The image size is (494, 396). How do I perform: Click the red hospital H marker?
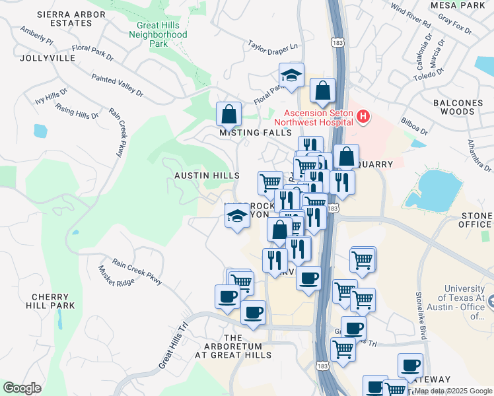(363, 117)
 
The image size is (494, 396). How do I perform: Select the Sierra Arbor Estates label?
(63, 18)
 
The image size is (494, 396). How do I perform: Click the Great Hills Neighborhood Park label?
(158, 35)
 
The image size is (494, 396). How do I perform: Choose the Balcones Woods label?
(454, 108)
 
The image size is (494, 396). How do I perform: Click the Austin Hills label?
(207, 176)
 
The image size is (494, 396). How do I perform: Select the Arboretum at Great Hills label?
(233, 346)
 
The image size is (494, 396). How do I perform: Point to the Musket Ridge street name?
(116, 278)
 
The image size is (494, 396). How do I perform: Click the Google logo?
(22, 388)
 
